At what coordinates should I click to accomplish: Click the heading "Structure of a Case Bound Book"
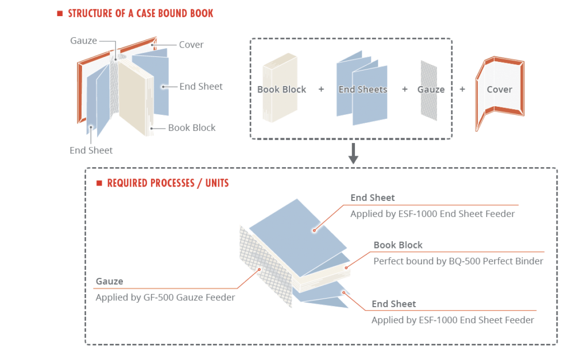coord(140,14)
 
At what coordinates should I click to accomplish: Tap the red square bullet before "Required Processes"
coord(99,183)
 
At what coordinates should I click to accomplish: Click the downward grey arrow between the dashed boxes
coord(353,153)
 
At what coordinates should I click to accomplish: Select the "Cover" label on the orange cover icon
coord(499,90)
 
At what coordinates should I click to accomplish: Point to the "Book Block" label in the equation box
coord(281,90)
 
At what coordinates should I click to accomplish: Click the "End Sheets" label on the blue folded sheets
coord(363,90)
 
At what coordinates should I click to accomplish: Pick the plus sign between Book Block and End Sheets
coord(321,90)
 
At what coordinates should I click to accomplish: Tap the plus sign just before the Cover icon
coord(462,89)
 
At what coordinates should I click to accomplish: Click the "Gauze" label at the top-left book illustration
coord(84,41)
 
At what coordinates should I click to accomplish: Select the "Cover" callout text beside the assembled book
coord(191,45)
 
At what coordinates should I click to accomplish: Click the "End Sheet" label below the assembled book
coord(91,150)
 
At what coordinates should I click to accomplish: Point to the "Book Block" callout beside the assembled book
coord(192,128)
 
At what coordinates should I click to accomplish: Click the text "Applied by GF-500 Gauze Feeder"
coord(165,297)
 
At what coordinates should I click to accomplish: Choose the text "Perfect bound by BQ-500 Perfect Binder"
coord(458,261)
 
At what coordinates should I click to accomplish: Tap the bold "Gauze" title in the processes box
coord(110,281)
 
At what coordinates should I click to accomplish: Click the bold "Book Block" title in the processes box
coord(398,245)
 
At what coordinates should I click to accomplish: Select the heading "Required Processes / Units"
coord(168,183)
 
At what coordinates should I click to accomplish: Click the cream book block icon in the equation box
coord(280,87)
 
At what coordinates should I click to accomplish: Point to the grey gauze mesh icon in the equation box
coord(429,90)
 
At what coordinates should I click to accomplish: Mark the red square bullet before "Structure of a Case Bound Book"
coord(60,14)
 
